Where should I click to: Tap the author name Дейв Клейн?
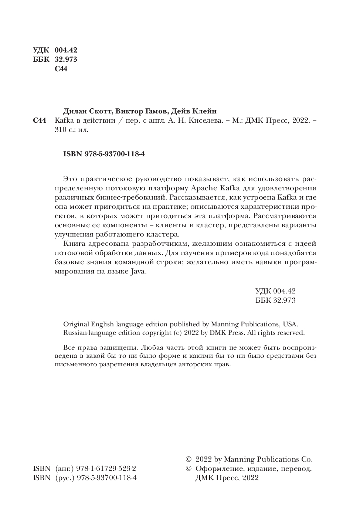click(x=194, y=111)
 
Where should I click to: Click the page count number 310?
click(x=60, y=130)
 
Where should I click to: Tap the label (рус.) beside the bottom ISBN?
click(x=65, y=478)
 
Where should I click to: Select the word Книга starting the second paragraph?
click(x=74, y=244)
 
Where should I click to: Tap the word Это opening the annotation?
click(x=70, y=179)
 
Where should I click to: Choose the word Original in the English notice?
click(x=76, y=324)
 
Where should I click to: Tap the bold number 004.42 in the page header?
click(x=66, y=50)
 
